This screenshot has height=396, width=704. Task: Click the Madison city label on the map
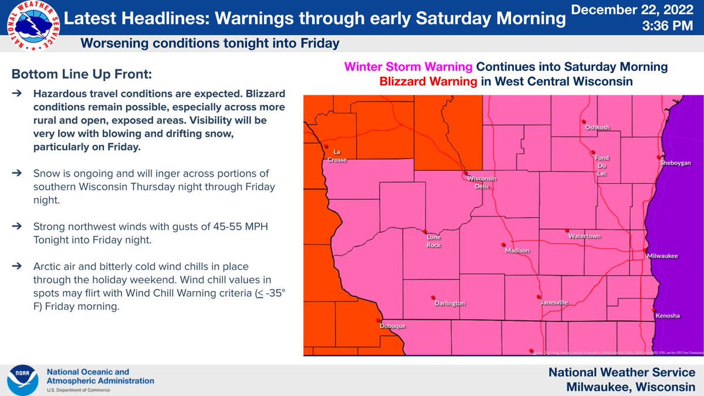[517, 251]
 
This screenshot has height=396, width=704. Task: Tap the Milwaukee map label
[662, 256]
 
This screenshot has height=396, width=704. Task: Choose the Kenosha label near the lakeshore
[668, 316]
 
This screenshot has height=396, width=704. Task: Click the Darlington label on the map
[450, 303]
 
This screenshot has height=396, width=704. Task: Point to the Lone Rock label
[434, 241]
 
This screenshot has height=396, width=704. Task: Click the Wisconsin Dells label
[486, 182]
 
